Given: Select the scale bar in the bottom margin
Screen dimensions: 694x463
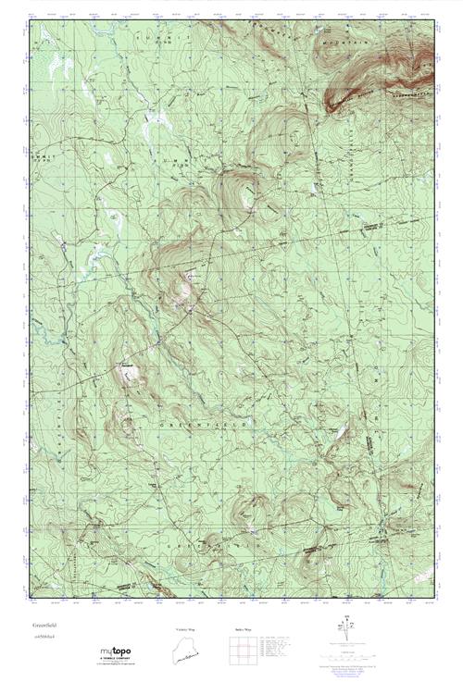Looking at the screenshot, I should coord(349,655).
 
